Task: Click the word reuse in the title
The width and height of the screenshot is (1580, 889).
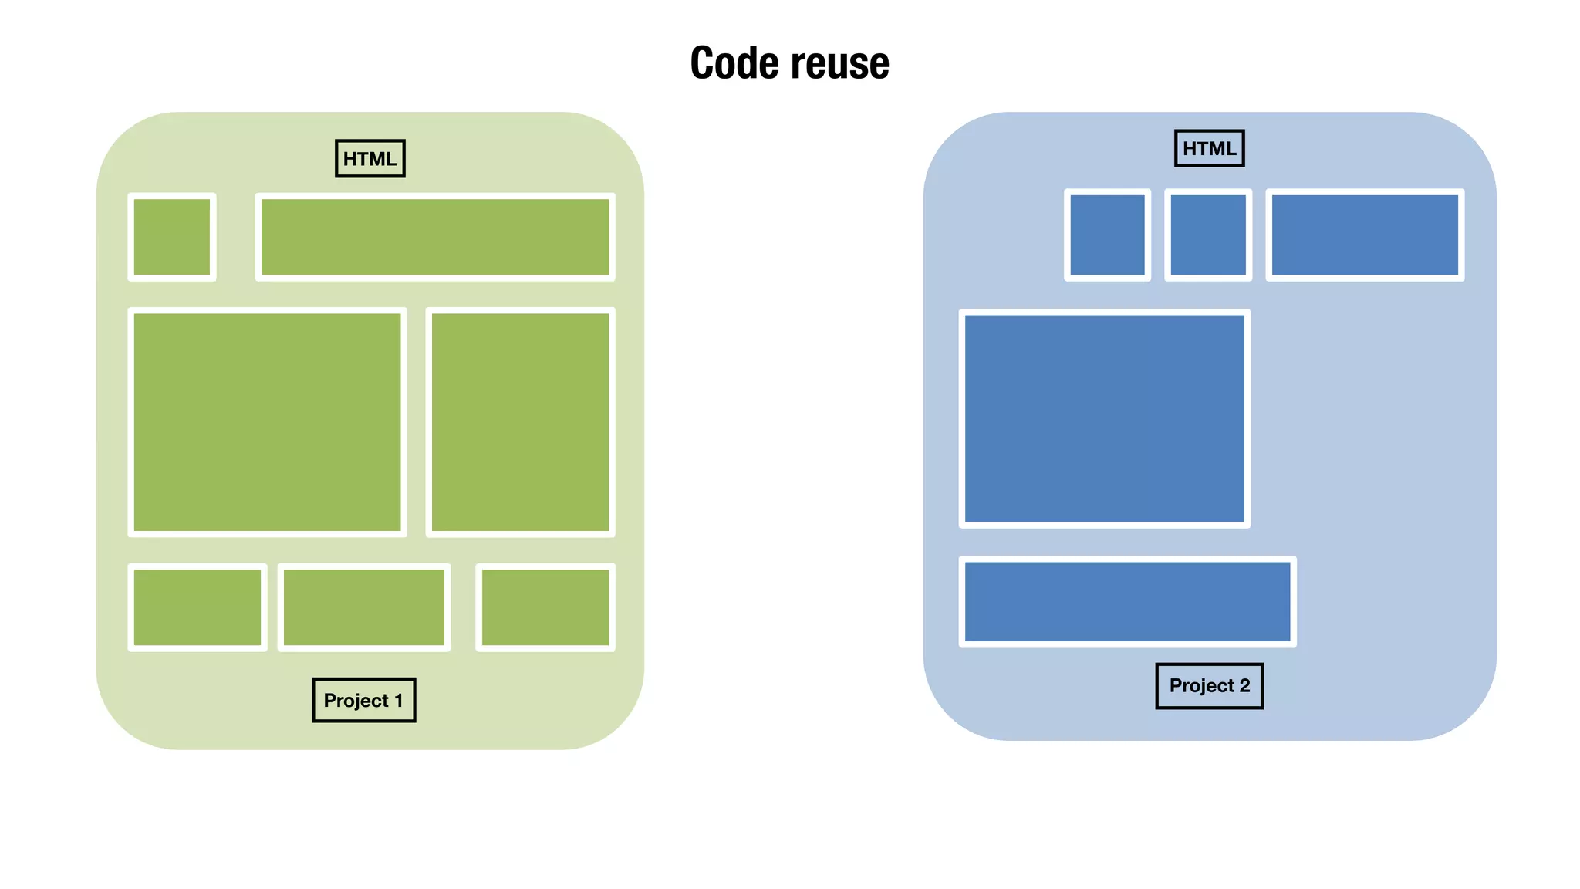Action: tap(839, 63)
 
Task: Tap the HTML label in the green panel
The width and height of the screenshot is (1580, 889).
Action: tap(370, 159)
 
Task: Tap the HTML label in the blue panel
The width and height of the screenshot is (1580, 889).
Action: tap(1209, 149)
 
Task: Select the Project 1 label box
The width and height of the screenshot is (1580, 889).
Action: tap(363, 701)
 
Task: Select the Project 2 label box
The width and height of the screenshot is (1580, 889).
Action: tap(1209, 686)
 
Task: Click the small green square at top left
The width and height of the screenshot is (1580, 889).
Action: tap(171, 237)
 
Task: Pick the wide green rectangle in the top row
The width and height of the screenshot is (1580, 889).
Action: tap(435, 237)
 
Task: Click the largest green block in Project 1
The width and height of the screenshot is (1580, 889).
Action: tap(267, 422)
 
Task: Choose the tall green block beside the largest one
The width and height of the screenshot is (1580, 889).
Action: tap(520, 422)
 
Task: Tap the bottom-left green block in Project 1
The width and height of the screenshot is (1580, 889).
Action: tap(197, 607)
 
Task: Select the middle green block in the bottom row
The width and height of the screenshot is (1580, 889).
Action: tap(363, 607)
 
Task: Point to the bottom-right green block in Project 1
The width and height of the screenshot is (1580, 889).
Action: tap(545, 607)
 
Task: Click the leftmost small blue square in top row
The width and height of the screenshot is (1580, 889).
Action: tap(1107, 235)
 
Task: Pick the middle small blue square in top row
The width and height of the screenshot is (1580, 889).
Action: tap(1207, 235)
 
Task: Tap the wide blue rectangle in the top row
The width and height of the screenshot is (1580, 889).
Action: tap(1364, 235)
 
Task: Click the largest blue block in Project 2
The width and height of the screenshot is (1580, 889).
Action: tap(1104, 418)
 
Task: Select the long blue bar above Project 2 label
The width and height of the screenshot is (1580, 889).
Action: tap(1127, 601)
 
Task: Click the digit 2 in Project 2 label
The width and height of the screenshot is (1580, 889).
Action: tap(1244, 686)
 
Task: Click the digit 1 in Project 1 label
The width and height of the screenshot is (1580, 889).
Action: tap(399, 701)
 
